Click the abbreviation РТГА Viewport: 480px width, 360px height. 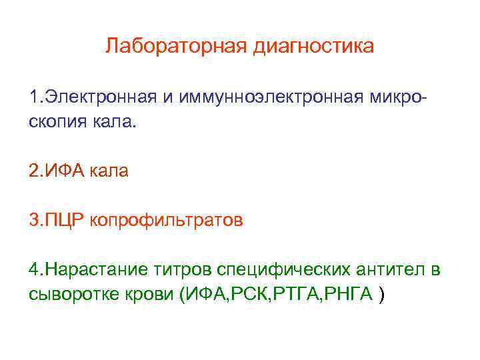click(x=296, y=295)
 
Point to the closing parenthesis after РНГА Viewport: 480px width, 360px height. click(x=381, y=295)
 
